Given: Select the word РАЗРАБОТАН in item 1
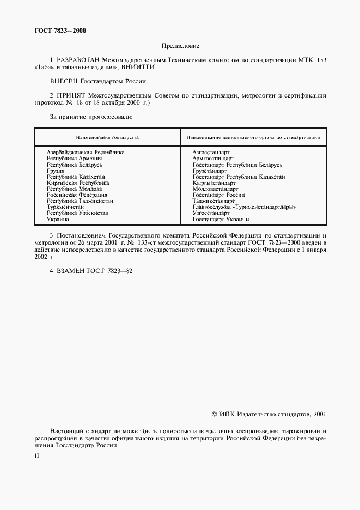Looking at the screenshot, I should (x=74, y=59).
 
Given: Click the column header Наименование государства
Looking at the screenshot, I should (x=107, y=138).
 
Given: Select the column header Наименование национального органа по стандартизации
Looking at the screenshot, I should (x=253, y=138).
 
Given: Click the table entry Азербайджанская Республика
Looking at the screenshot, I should (x=86, y=153).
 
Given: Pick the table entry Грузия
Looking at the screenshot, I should (x=56, y=171).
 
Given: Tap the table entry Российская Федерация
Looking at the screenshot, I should (x=77, y=195).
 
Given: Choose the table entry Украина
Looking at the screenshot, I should (x=58, y=219).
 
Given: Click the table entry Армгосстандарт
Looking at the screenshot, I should (x=213, y=159).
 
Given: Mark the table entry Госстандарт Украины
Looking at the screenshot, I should (x=221, y=219).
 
